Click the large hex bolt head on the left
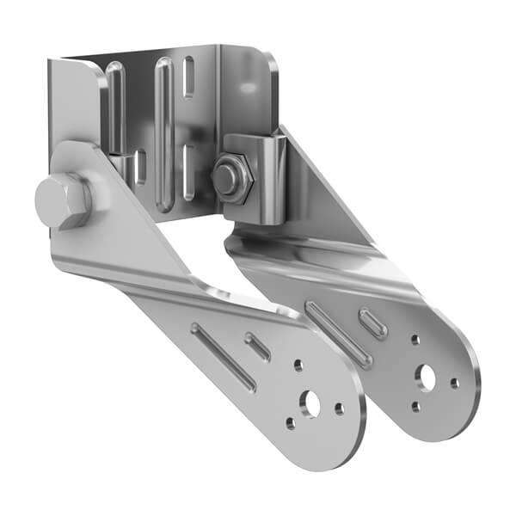point(62,201)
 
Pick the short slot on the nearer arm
point(258,346)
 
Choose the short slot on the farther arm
point(372,322)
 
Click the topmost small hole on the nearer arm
point(298,365)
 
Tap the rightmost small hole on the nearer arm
point(340,408)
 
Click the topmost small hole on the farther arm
point(415,341)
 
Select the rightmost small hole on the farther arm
point(455,384)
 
